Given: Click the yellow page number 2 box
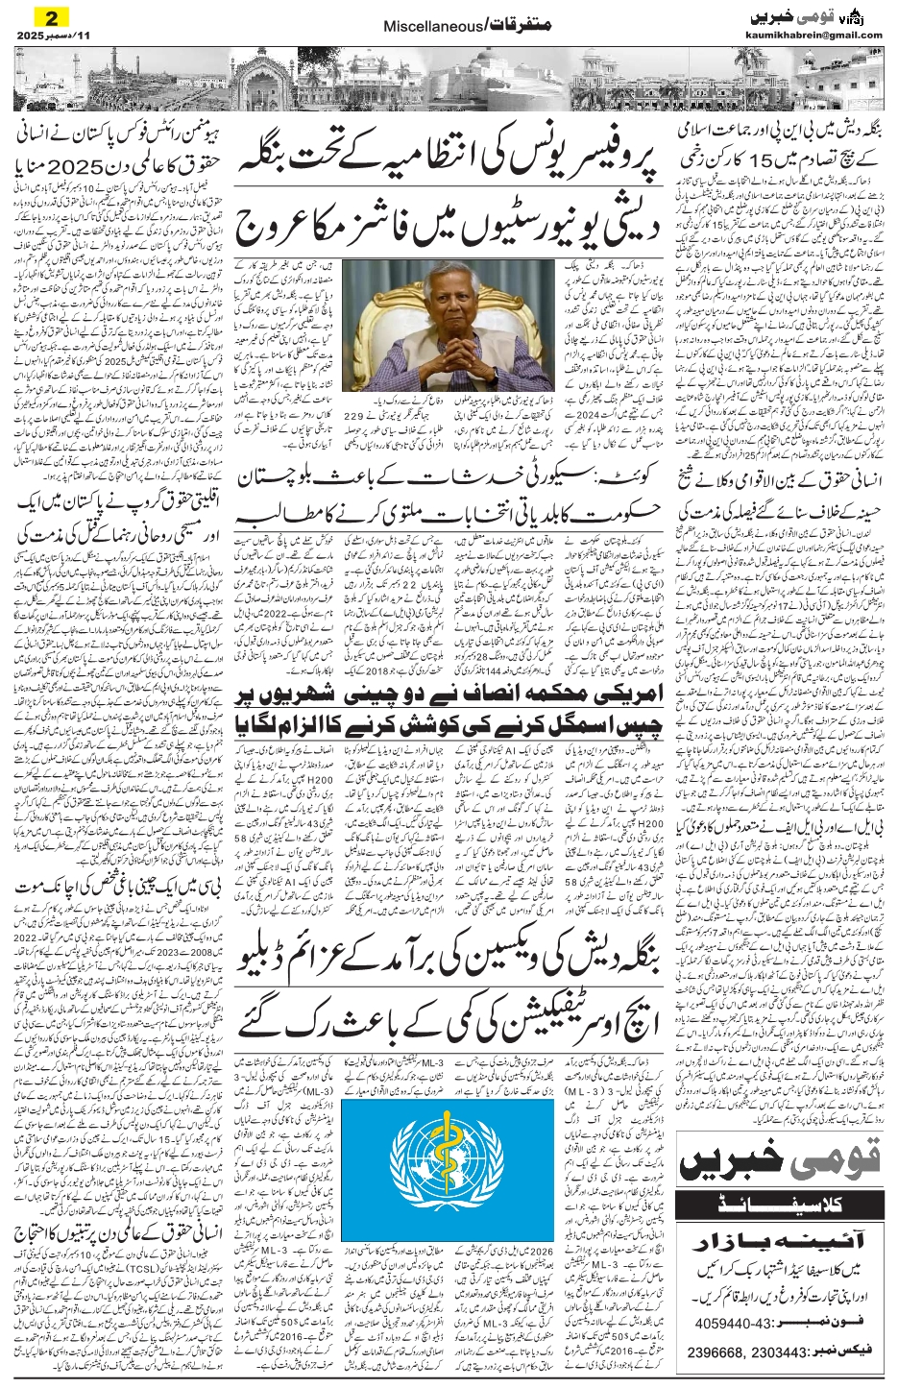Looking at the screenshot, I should pos(52,17).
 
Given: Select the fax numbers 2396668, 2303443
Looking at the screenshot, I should pos(743,1352).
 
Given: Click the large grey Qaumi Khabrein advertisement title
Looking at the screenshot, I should pos(780,1161).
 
